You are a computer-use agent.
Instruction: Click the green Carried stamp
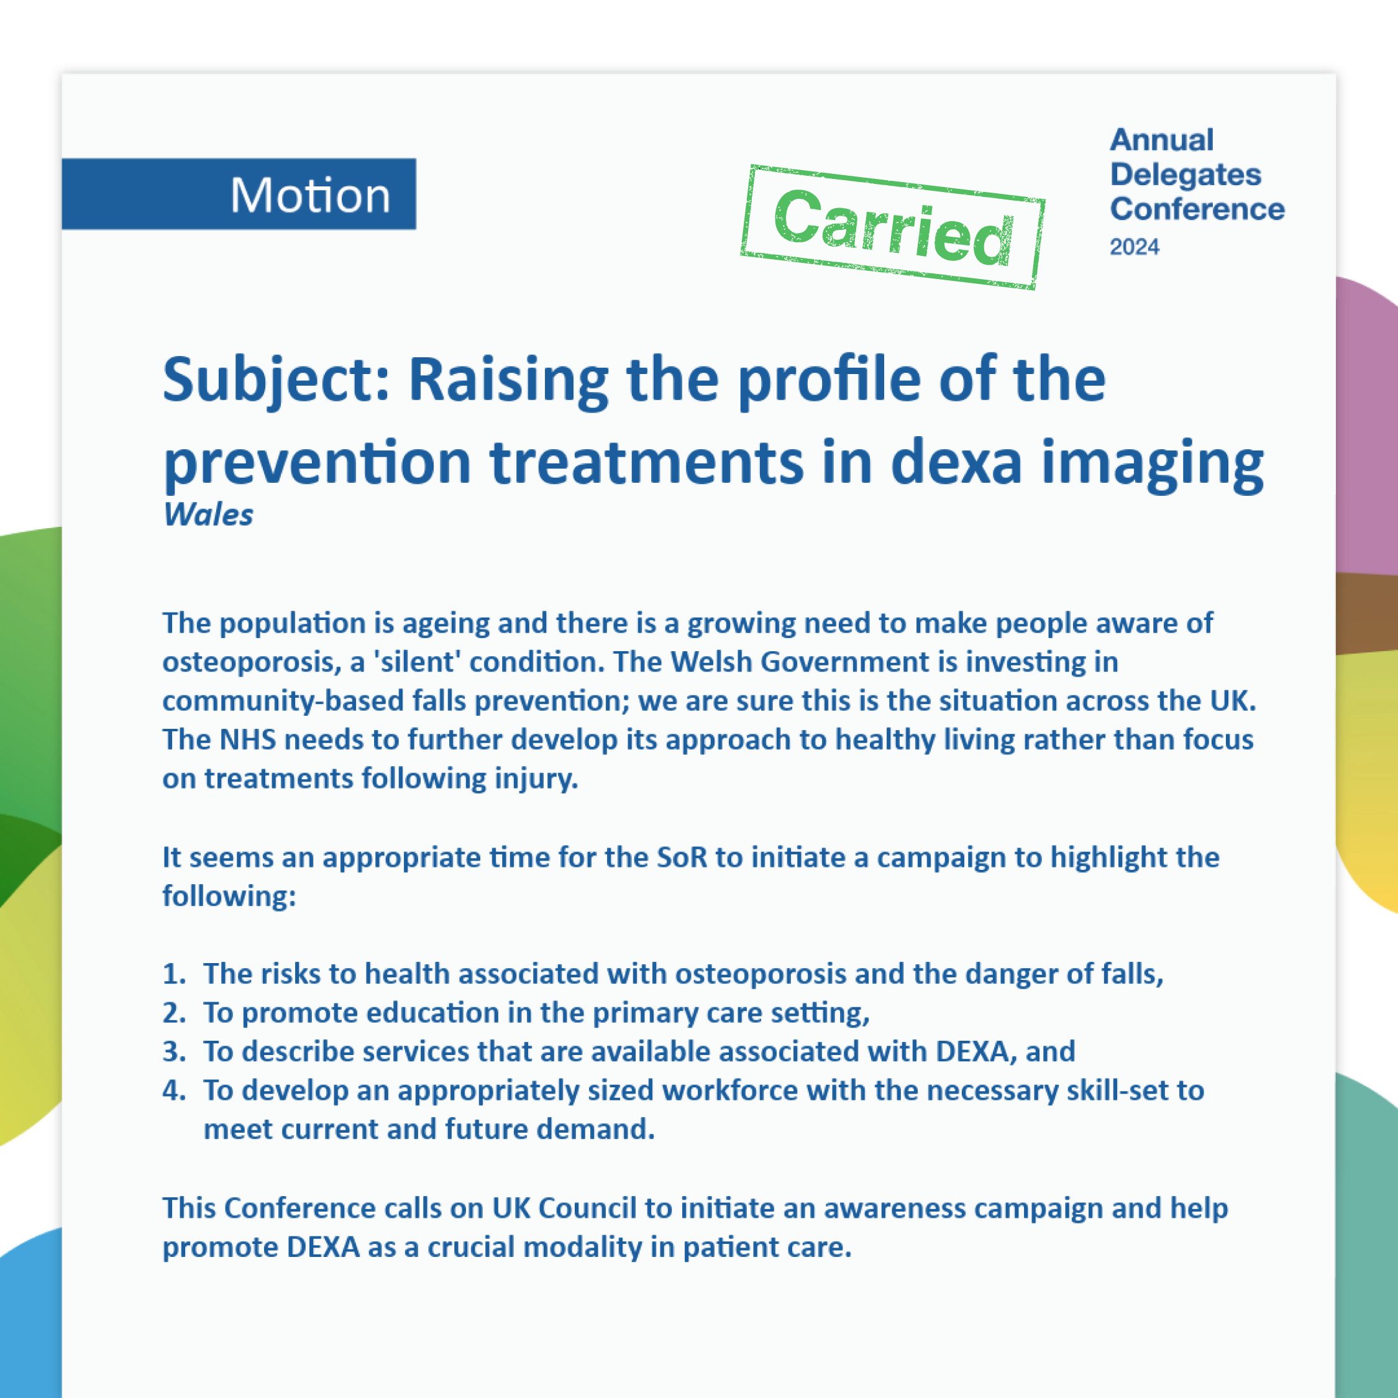[x=893, y=227]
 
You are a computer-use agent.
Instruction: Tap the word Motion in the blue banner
[x=311, y=195]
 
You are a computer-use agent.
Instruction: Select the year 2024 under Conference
[x=1135, y=247]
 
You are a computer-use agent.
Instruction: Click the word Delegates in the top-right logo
[x=1186, y=175]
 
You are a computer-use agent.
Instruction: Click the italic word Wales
[x=208, y=515]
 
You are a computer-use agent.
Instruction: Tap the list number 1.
[x=174, y=974]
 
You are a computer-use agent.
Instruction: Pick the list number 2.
[x=174, y=1013]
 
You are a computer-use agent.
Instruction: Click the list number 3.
[x=174, y=1051]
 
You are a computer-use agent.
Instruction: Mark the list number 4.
[x=174, y=1090]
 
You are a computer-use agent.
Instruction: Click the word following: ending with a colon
[x=229, y=897]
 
